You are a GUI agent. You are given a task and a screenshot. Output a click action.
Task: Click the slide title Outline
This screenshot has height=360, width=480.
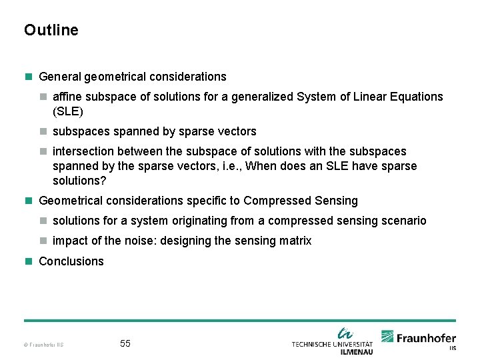[x=51, y=30]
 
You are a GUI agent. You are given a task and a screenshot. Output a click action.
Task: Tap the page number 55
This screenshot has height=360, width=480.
[x=125, y=343]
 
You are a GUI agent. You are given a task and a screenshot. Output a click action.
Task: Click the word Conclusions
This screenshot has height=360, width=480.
[x=71, y=261]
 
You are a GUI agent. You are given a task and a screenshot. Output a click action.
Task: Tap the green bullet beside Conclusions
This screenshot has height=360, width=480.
[x=28, y=261]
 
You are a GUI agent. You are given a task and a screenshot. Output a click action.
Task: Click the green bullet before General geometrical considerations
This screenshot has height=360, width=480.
[x=28, y=77]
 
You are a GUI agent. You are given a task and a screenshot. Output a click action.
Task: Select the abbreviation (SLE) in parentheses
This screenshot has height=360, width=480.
[x=67, y=111]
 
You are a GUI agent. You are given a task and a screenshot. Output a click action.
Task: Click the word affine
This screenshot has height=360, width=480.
[x=67, y=97]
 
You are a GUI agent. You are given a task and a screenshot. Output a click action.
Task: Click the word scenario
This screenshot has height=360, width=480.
[x=403, y=221]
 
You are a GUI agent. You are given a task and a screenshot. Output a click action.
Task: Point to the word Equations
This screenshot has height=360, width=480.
[x=417, y=97]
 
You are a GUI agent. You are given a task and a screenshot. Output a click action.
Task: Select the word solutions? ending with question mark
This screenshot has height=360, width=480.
[x=80, y=181]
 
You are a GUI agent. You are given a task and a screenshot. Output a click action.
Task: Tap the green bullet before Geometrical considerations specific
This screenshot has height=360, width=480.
[x=28, y=201]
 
